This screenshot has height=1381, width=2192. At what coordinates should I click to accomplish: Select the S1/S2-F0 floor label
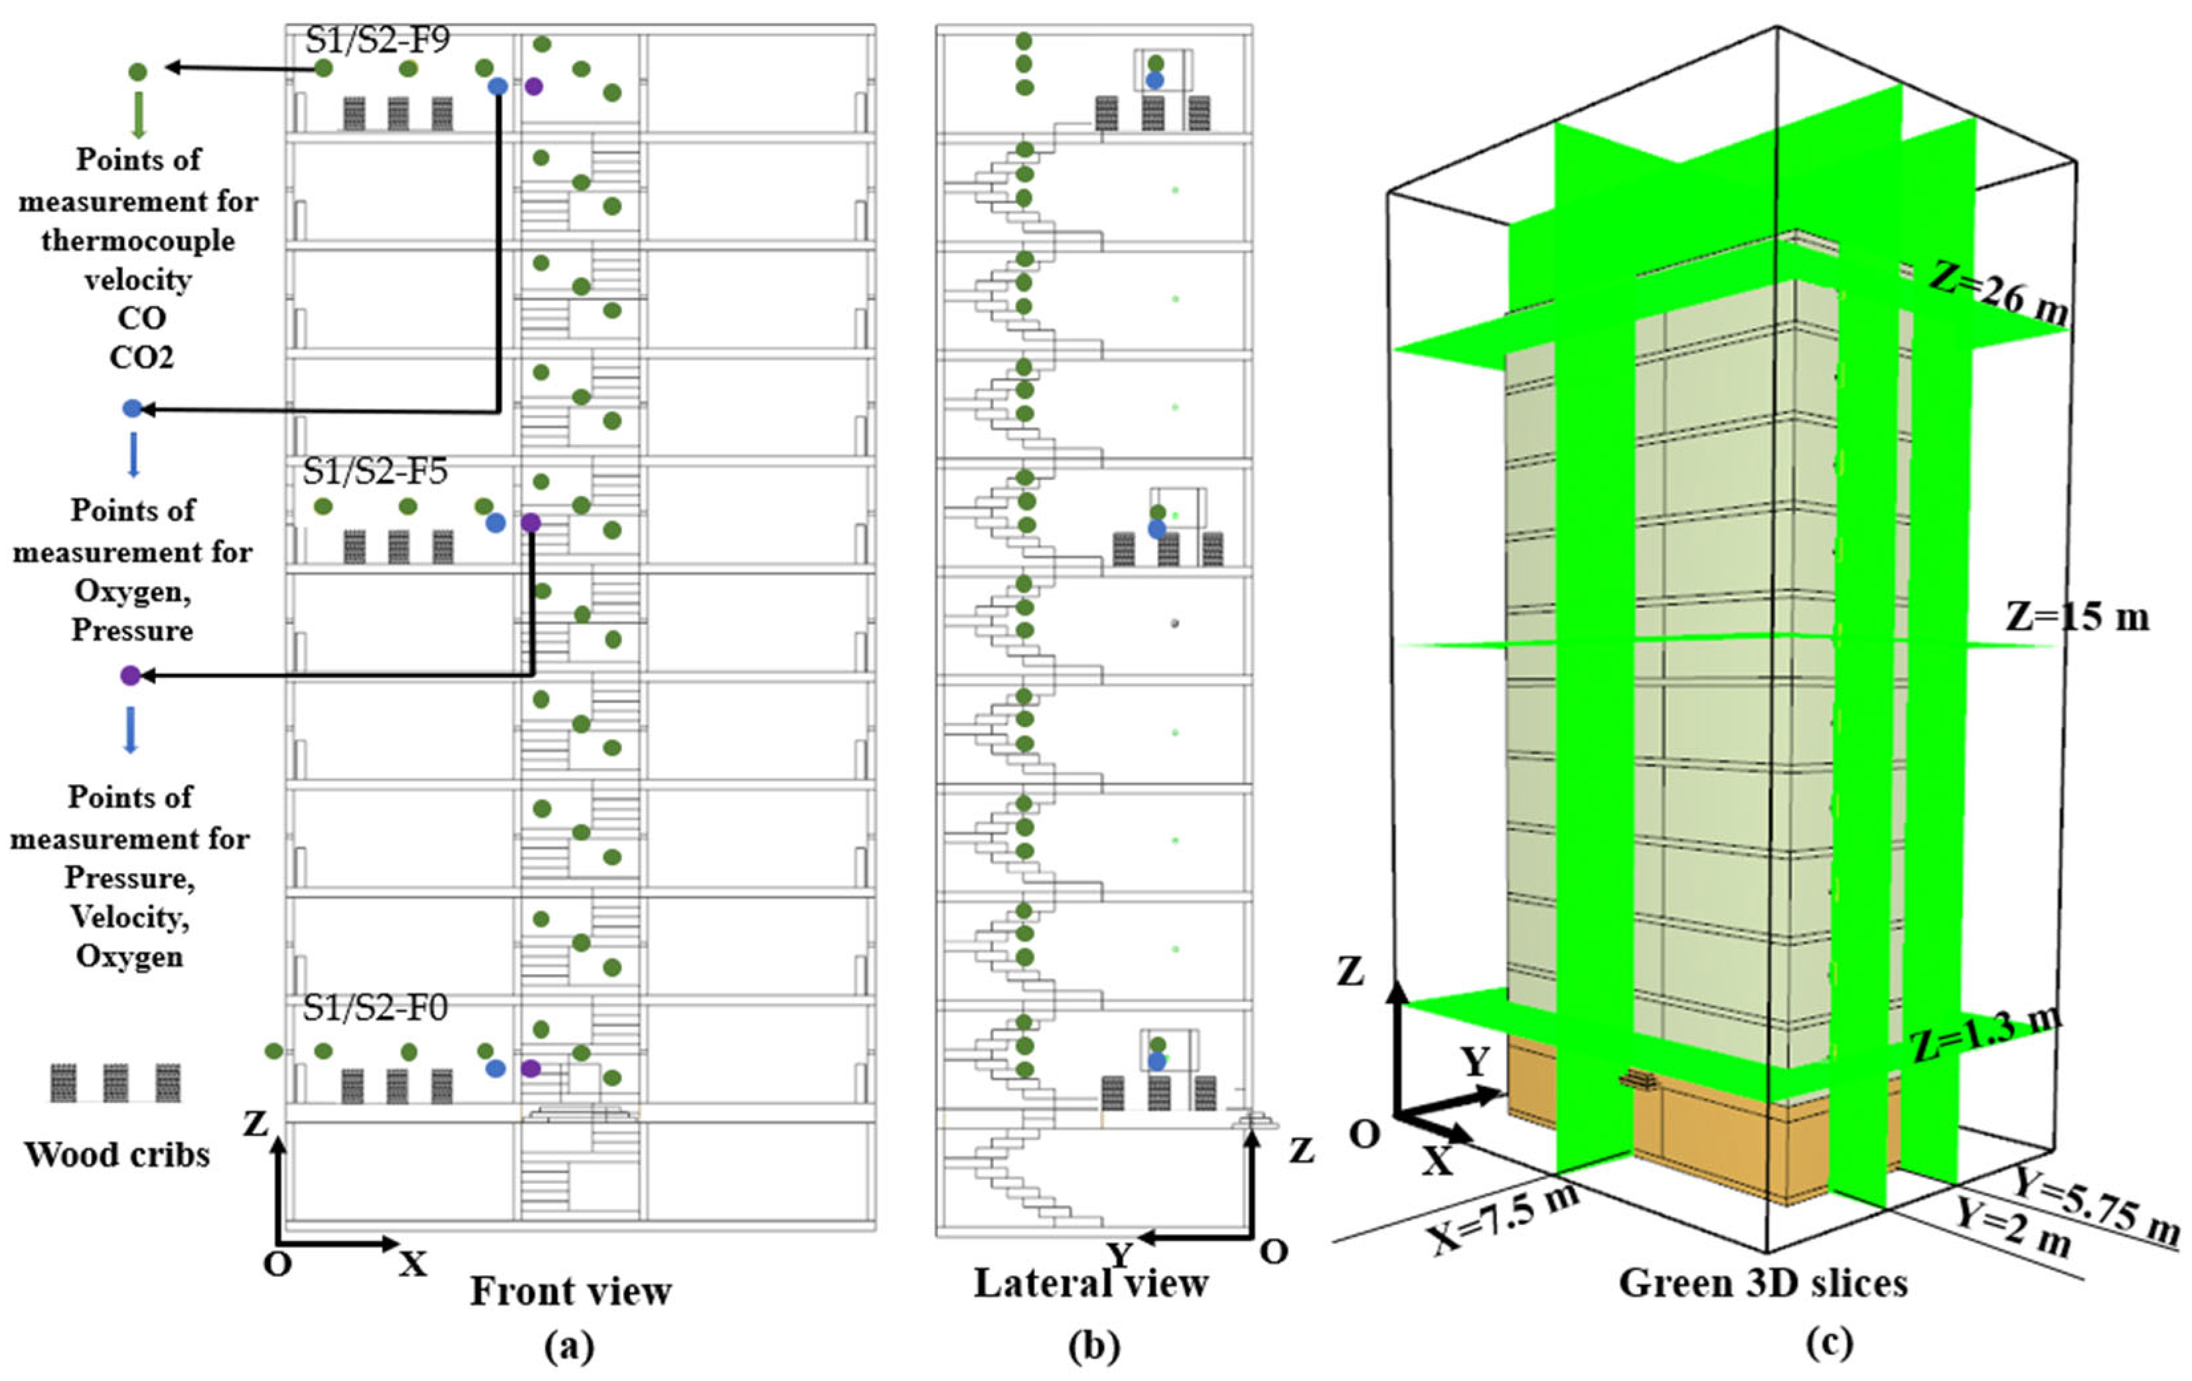[375, 1009]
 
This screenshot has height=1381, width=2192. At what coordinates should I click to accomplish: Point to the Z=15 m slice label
[2077, 617]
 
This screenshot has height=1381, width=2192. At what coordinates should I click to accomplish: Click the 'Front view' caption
[571, 1291]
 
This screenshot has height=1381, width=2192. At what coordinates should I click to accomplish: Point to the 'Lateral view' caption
[1091, 1283]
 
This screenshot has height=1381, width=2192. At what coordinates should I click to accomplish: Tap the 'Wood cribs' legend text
[117, 1155]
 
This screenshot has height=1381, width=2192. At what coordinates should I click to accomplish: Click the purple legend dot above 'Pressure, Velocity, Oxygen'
[131, 675]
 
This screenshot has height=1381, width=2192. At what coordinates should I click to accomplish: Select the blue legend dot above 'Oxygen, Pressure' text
[133, 409]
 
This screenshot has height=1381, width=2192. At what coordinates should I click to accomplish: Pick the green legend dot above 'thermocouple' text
[137, 71]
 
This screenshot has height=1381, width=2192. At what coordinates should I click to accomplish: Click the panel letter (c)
[1830, 1342]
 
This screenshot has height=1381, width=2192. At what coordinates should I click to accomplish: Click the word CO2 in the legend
[141, 357]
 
